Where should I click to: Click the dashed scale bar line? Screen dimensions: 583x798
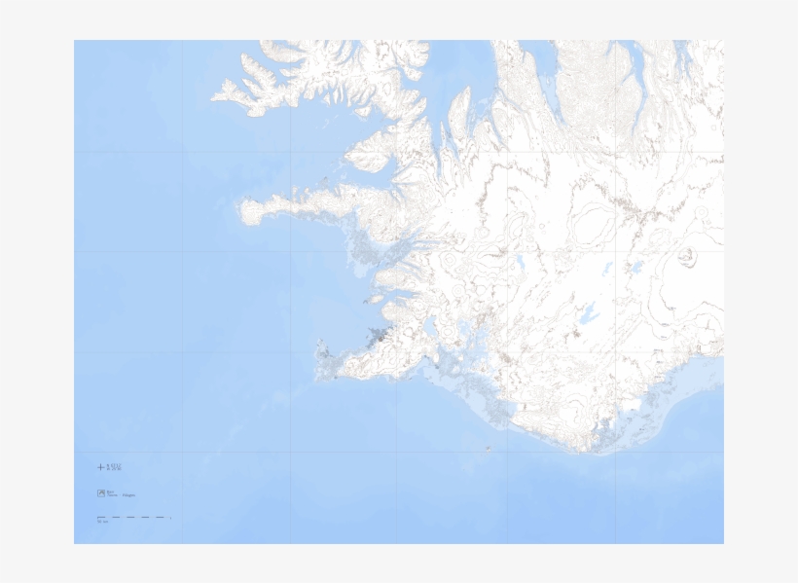coord(134,518)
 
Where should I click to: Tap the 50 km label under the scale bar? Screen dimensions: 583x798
coord(101,523)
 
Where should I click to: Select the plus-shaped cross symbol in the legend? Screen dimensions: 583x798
coord(100,467)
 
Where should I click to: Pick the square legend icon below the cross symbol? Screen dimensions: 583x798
coord(100,493)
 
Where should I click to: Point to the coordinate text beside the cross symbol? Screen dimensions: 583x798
coord(115,467)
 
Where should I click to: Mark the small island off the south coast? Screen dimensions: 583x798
coord(487,448)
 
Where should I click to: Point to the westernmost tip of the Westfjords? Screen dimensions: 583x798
coord(216,96)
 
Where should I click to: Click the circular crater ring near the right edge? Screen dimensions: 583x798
coord(688,257)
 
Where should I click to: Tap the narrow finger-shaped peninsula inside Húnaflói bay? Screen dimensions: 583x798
coord(458,107)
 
